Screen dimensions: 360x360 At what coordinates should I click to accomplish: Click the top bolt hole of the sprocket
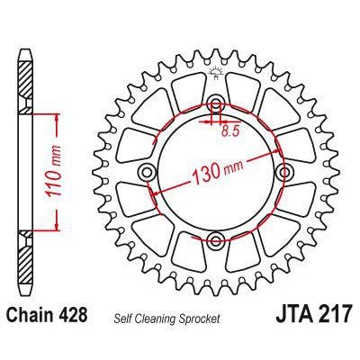[217, 105]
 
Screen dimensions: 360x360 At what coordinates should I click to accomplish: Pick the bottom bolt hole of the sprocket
[217, 238]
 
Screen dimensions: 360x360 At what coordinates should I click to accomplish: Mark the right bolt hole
[283, 172]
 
